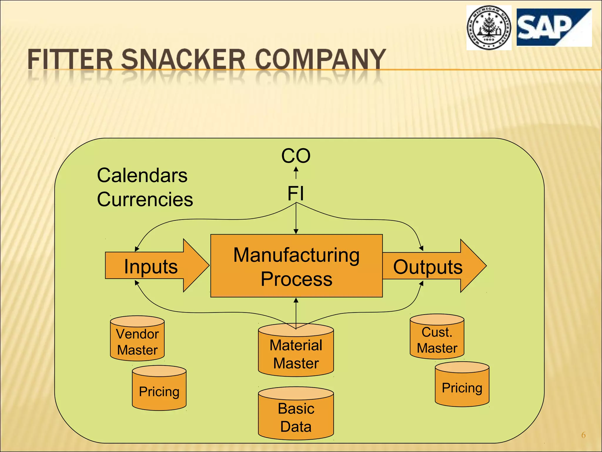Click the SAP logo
pyautogui.click(x=554, y=27)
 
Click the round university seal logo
pyautogui.click(x=489, y=28)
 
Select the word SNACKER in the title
pyautogui.click(x=183, y=60)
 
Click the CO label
pyautogui.click(x=296, y=156)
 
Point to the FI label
pyautogui.click(x=296, y=194)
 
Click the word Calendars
pyautogui.click(x=142, y=176)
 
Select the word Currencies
pyautogui.click(x=145, y=200)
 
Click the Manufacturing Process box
pyautogui.click(x=296, y=266)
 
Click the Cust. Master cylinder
pyautogui.click(x=437, y=337)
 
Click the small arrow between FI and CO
pyautogui.click(x=296, y=173)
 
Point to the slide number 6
pyautogui.click(x=583, y=435)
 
